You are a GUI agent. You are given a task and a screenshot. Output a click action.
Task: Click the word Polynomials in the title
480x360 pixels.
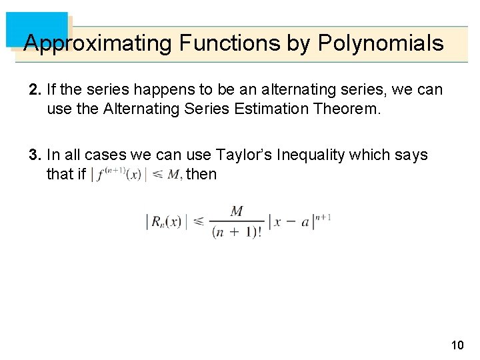[381, 43]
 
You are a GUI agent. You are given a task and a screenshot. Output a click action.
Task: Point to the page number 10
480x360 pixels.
[457, 345]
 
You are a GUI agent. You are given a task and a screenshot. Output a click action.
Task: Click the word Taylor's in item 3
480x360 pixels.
[245, 155]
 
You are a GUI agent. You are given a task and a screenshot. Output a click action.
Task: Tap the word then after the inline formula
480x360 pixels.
[201, 175]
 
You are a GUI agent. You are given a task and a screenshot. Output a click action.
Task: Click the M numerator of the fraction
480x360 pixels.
[237, 211]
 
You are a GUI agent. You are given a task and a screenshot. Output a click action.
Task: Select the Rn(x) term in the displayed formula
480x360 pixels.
[164, 222]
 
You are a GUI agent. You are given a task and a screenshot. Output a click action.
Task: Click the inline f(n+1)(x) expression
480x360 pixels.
[119, 175]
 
